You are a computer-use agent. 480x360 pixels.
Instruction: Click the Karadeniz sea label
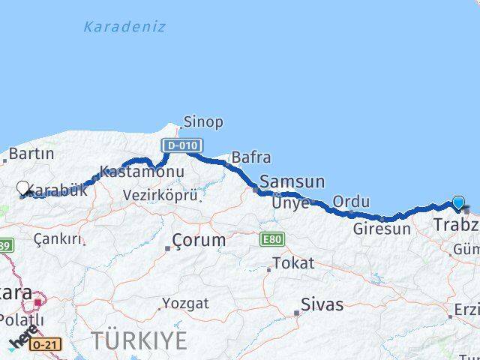tap(124, 27)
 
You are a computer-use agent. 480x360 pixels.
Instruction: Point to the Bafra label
tap(251, 157)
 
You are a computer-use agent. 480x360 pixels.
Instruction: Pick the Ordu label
tap(351, 202)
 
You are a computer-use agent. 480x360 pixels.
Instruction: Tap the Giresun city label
tap(382, 229)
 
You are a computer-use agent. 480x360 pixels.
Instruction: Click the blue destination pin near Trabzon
tap(458, 202)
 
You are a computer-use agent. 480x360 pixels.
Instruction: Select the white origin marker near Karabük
tap(23, 189)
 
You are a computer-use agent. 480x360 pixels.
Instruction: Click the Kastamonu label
tap(142, 172)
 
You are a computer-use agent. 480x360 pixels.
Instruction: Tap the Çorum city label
tap(199, 241)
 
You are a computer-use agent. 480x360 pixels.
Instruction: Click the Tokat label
tap(293, 263)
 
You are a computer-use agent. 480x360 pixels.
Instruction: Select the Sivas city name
tap(322, 304)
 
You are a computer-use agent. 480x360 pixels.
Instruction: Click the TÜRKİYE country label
tap(139, 340)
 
